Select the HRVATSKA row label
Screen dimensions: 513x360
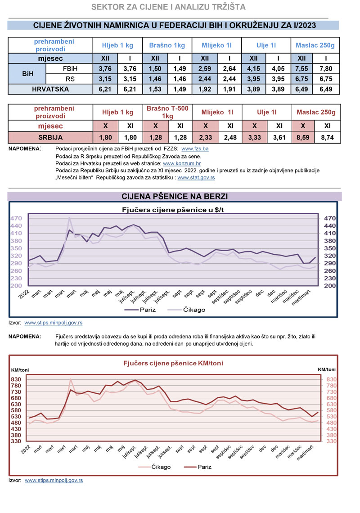click(x=50, y=89)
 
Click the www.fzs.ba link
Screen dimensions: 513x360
click(x=195, y=148)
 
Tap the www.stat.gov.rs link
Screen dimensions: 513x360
click(x=196, y=178)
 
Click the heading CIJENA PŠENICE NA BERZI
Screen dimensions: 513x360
click(x=175, y=197)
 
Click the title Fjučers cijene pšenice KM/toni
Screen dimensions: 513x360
click(x=173, y=363)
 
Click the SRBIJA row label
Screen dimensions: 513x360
click(x=50, y=137)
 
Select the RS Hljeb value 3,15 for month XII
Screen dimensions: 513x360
click(x=104, y=79)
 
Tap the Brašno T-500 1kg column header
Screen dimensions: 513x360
click(x=167, y=112)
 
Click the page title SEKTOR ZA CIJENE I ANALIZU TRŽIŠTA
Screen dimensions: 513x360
click(x=168, y=7)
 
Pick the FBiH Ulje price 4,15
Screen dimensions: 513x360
click(x=253, y=69)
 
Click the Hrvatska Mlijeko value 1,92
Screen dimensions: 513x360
click(x=204, y=89)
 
